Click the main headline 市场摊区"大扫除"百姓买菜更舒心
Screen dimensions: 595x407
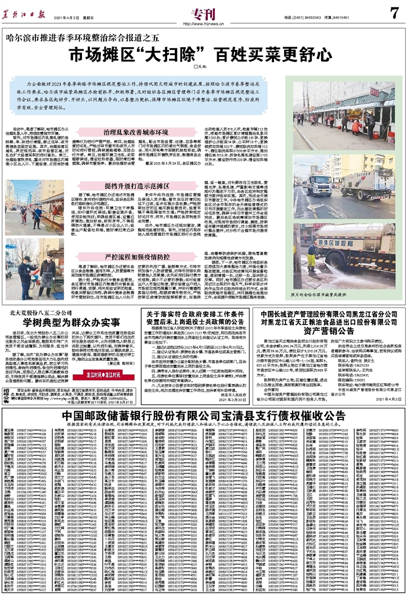coord(203,56)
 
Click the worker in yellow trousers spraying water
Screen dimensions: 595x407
coord(313,256)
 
